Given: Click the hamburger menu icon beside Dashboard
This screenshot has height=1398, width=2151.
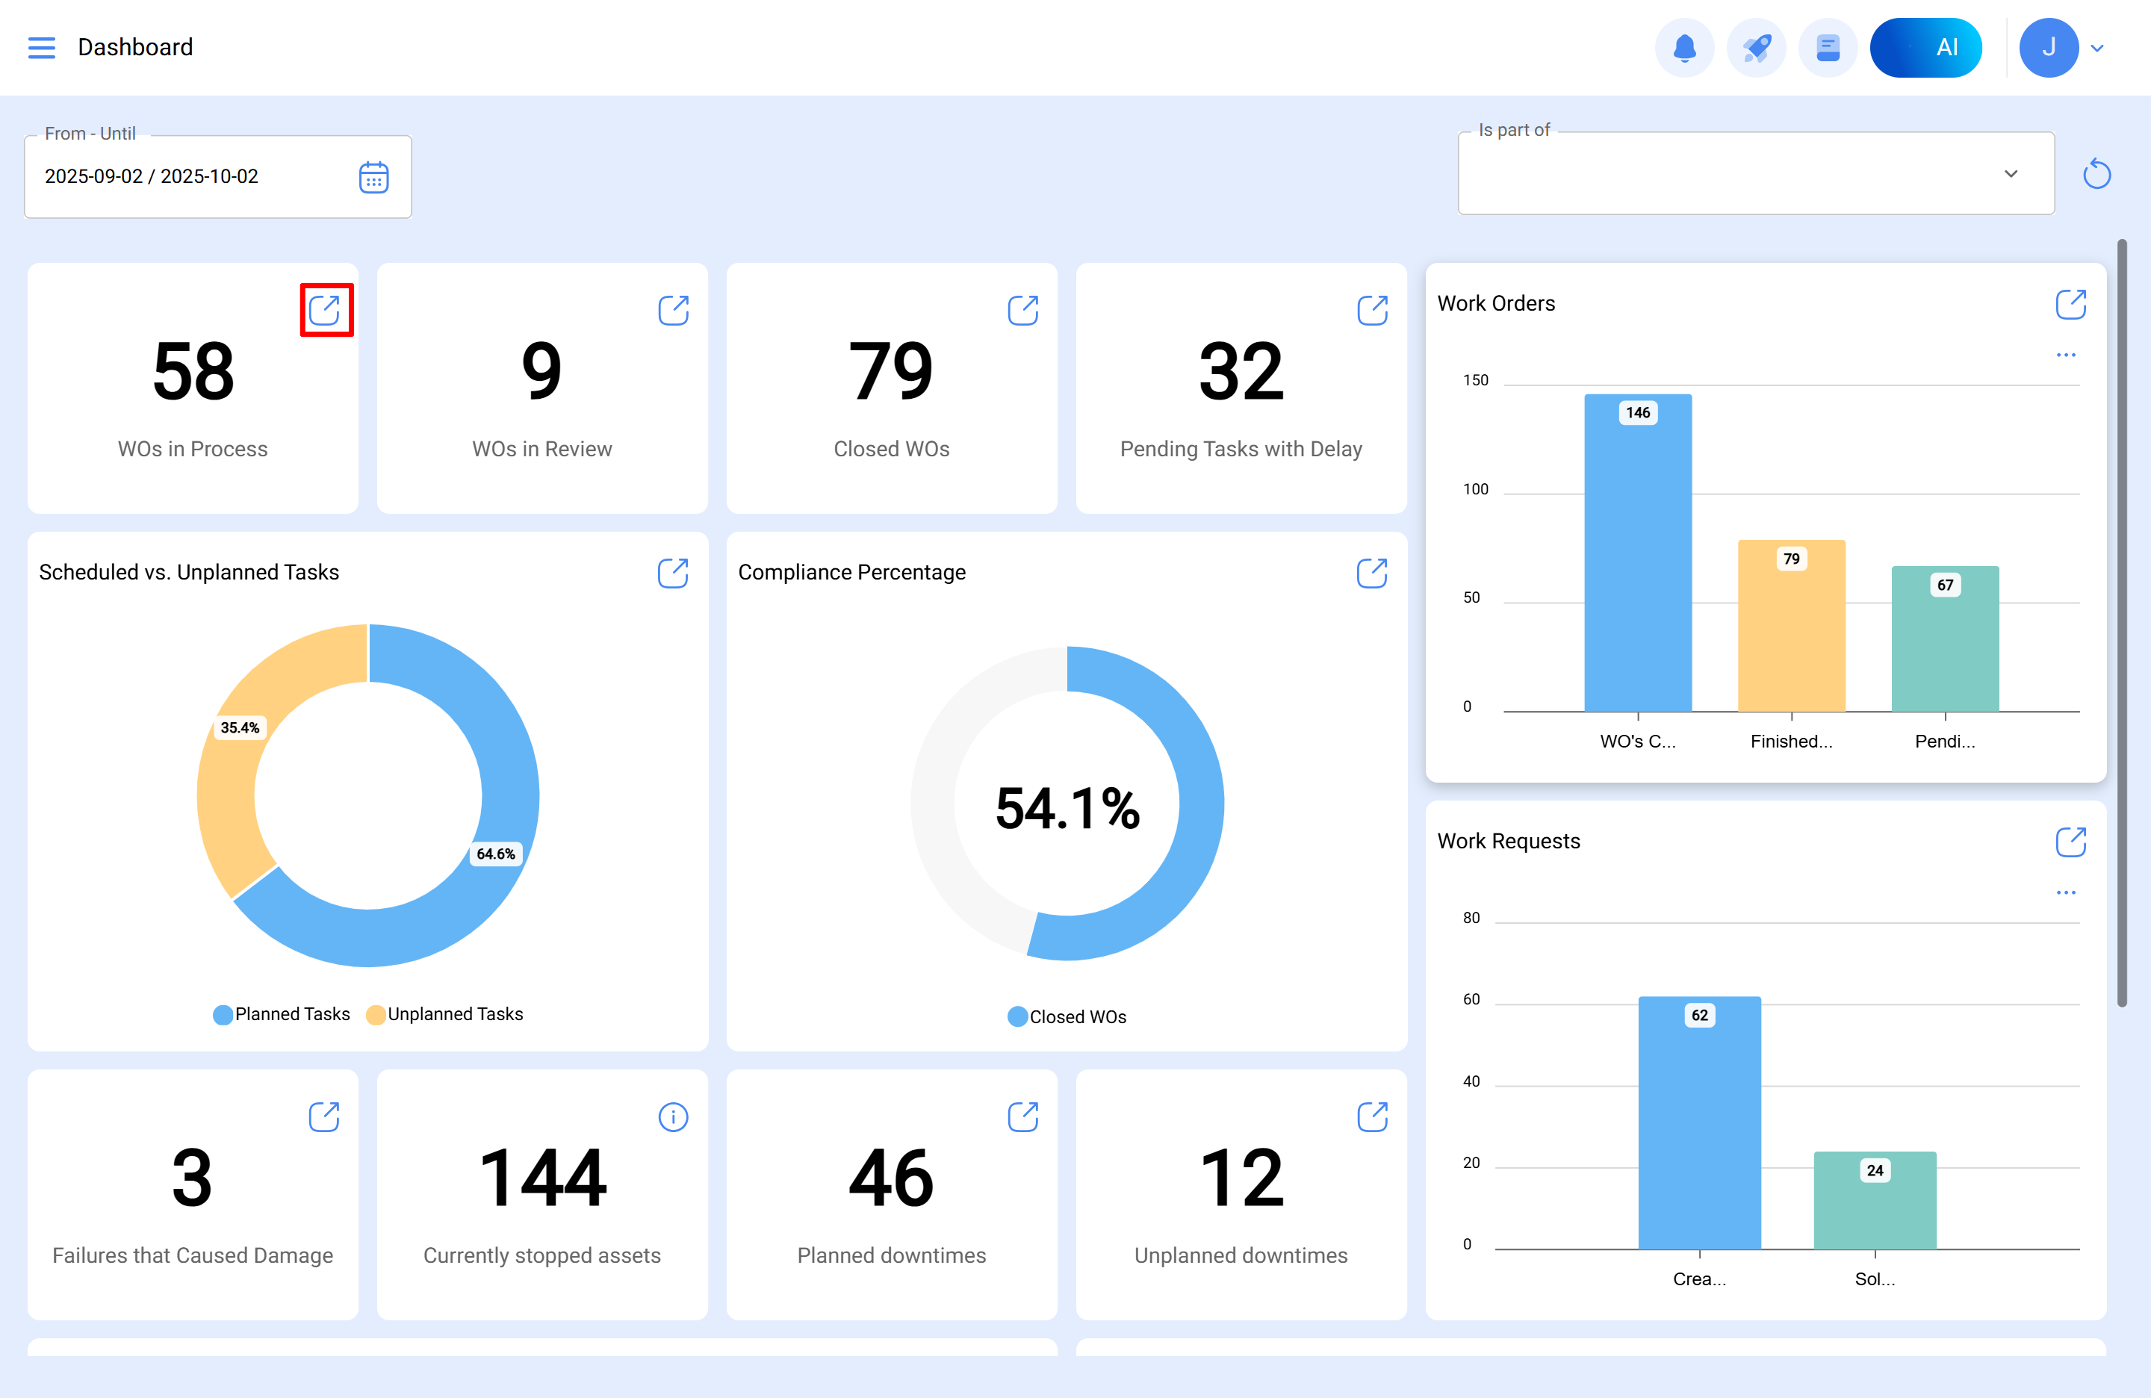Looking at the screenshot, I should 42,47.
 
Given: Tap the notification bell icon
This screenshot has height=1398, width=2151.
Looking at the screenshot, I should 1683,47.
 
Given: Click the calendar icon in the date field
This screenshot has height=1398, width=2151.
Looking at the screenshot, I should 373,177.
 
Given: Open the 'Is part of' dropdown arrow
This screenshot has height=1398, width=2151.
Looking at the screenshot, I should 2010,173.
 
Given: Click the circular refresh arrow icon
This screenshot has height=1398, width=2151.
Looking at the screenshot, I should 2096,173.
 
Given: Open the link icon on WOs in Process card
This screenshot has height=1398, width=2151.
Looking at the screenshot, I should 324,310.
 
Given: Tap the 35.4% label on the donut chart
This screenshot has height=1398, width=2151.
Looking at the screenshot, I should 240,727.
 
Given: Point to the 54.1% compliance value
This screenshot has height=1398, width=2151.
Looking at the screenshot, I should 1067,807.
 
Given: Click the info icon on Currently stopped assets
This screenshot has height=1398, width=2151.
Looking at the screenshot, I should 672,1117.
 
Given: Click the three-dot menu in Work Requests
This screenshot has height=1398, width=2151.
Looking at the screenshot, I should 2065,893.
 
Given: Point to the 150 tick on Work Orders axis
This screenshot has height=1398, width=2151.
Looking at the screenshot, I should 1475,380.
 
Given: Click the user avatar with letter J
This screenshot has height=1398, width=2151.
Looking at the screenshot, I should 2048,47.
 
